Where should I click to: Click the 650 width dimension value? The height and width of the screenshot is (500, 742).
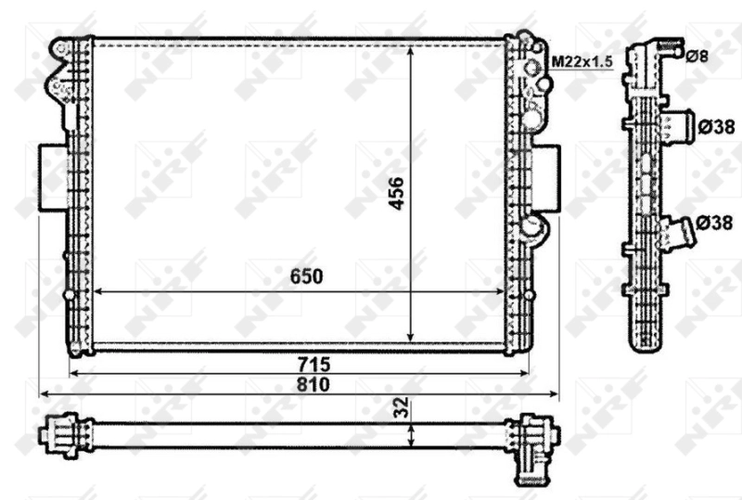(306, 276)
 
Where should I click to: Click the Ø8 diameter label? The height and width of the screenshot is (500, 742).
(697, 57)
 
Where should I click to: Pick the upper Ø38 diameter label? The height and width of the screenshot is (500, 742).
(715, 125)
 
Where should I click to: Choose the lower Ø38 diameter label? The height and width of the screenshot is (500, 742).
(715, 224)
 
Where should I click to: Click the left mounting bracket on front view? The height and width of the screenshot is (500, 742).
(51, 178)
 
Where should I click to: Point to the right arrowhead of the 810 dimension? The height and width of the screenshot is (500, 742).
(556, 394)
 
